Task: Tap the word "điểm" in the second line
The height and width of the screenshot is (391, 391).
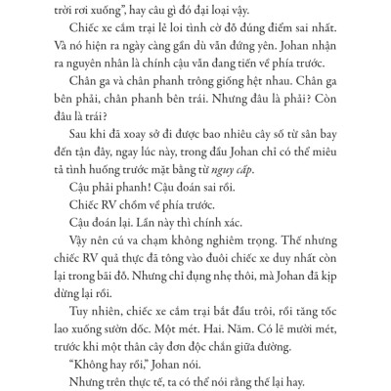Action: tap(259, 28)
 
